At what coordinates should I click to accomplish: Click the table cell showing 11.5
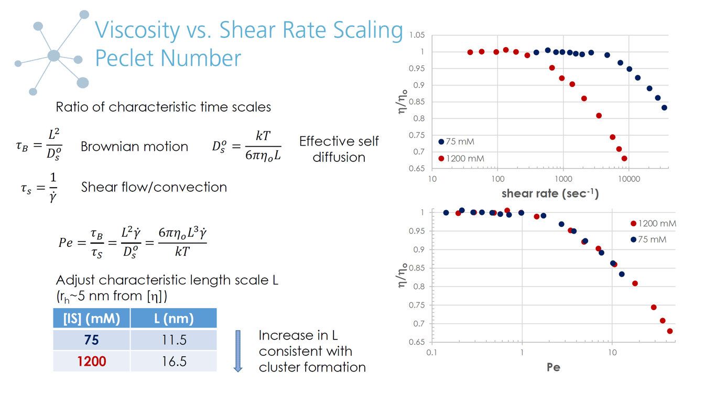(x=174, y=340)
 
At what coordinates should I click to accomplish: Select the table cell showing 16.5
(x=174, y=361)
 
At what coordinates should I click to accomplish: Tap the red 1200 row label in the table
(x=91, y=361)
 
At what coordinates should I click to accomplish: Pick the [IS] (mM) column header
(x=91, y=318)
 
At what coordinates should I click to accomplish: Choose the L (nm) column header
(x=174, y=318)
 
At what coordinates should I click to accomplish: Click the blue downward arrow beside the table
(x=238, y=351)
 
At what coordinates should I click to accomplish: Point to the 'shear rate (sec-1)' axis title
(x=550, y=193)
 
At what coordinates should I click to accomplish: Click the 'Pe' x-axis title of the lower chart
(x=554, y=367)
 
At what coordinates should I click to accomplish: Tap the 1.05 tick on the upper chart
(x=417, y=36)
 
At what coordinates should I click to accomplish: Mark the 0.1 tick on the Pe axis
(x=432, y=353)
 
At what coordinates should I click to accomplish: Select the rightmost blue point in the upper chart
(x=664, y=108)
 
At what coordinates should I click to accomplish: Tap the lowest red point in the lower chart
(x=670, y=331)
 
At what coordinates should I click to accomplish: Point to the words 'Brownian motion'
(x=134, y=147)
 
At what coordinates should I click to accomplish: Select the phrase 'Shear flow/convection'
(x=154, y=187)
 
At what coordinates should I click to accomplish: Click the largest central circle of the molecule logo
(x=53, y=56)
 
